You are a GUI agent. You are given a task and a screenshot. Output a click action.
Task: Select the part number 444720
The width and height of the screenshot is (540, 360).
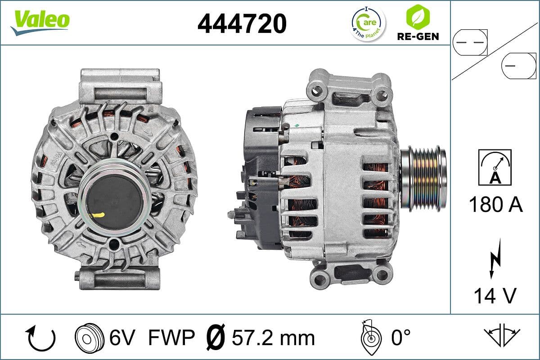(242, 23)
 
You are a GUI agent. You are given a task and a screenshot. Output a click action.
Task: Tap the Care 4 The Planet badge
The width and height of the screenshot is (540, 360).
(368, 23)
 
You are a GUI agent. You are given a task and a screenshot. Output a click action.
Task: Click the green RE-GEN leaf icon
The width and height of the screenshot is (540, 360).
(418, 17)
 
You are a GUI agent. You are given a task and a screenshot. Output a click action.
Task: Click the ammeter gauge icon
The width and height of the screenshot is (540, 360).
(495, 167)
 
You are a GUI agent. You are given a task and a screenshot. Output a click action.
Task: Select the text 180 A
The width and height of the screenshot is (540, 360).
(495, 205)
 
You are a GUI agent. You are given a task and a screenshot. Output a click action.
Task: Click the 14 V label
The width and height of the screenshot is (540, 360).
(495, 296)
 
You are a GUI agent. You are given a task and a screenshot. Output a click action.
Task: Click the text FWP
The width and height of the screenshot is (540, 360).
(171, 337)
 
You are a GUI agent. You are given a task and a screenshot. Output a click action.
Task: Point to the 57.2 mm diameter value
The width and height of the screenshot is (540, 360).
(273, 337)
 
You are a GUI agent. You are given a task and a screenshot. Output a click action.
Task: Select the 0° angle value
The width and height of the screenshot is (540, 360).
(401, 337)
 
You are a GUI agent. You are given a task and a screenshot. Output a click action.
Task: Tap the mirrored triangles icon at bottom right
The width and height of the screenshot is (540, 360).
(502, 335)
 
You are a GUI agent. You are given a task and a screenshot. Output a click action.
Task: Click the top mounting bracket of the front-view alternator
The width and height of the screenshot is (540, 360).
(120, 85)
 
